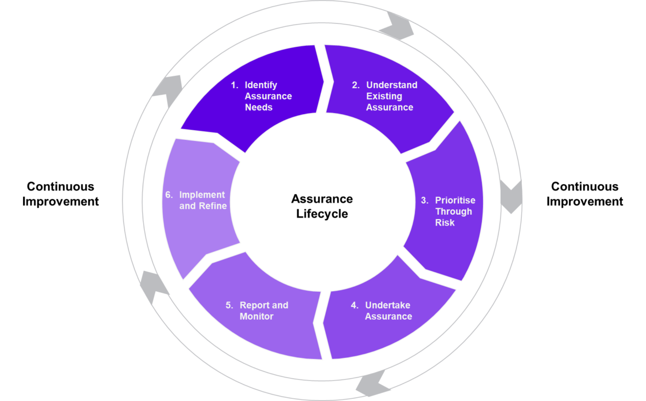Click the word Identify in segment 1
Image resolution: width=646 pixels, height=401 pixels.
tap(261, 85)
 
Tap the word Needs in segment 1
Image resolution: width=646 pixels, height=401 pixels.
tap(258, 107)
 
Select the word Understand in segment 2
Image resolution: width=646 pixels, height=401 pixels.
tap(391, 85)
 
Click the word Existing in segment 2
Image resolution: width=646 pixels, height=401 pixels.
tap(384, 96)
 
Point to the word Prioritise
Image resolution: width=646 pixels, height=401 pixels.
tap(455, 200)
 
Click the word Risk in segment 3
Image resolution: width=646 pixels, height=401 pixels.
tap(445, 222)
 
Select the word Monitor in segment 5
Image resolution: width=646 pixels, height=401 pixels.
tap(256, 316)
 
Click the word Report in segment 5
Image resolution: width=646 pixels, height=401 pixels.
tap(254, 305)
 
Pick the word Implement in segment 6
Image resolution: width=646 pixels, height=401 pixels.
tap(202, 195)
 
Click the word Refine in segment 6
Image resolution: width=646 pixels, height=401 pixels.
tap(213, 206)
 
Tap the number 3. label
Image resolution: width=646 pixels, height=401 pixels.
tap(425, 200)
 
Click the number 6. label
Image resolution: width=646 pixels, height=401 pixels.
tap(169, 195)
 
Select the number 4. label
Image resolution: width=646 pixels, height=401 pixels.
tap(355, 305)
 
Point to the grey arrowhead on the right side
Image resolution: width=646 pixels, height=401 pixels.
tap(511, 196)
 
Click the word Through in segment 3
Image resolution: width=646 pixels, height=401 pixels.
tap(453, 212)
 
